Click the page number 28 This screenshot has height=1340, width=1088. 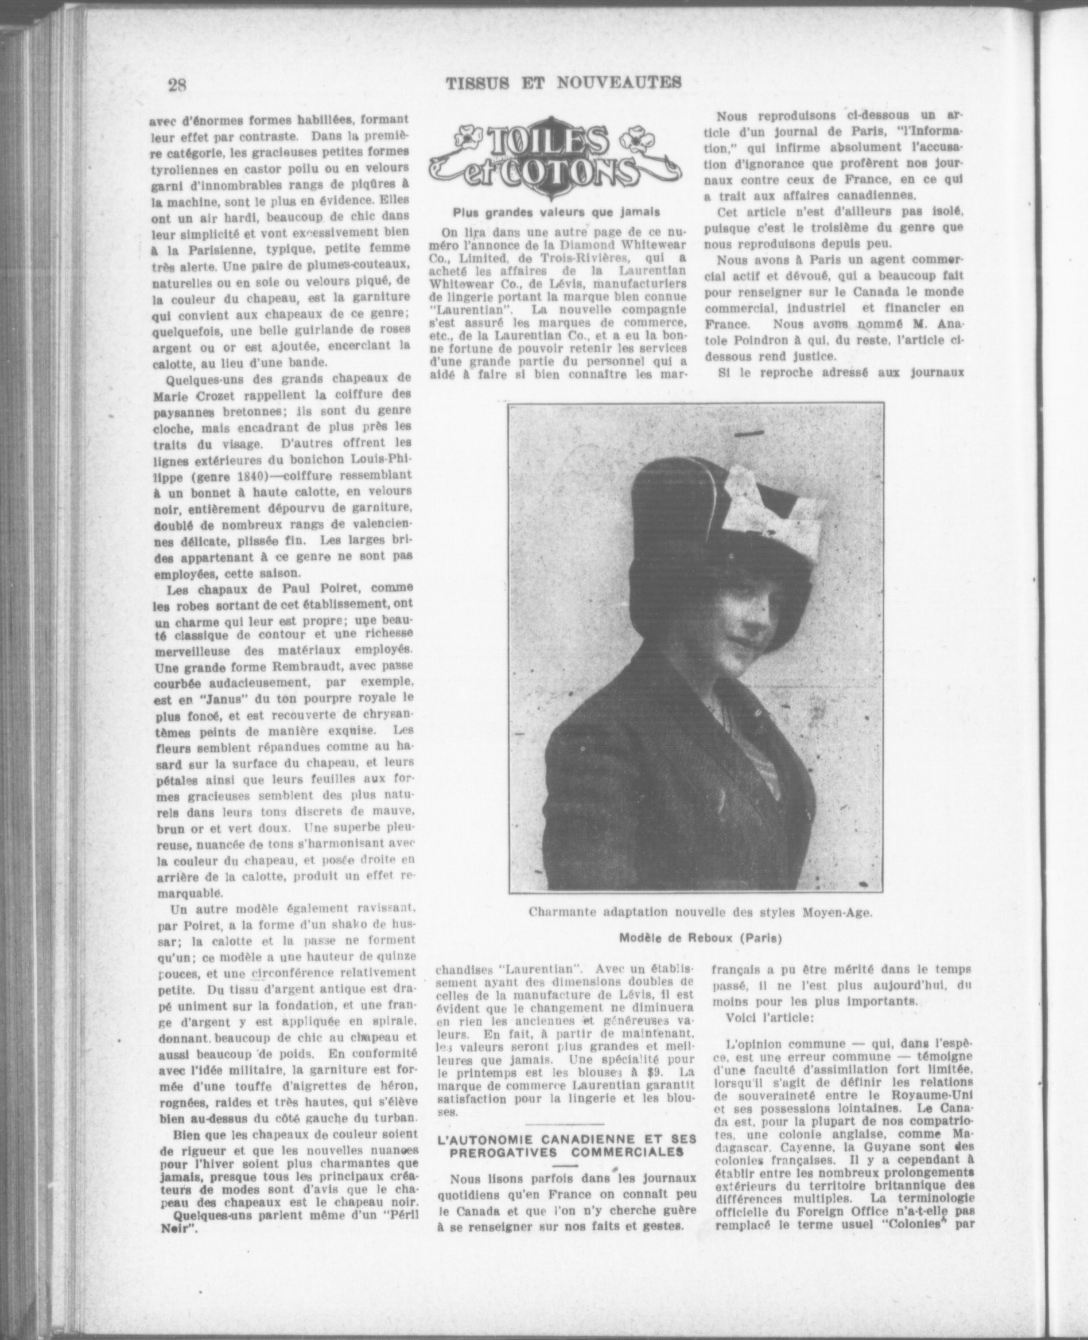pyautogui.click(x=177, y=84)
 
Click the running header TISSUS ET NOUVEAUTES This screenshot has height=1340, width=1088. pyautogui.click(x=564, y=82)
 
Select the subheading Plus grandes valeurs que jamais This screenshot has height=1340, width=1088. pyautogui.click(x=557, y=212)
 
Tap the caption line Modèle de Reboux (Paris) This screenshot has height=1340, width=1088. pyautogui.click(x=701, y=938)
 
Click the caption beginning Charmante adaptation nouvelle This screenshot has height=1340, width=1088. pyautogui.click(x=700, y=912)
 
